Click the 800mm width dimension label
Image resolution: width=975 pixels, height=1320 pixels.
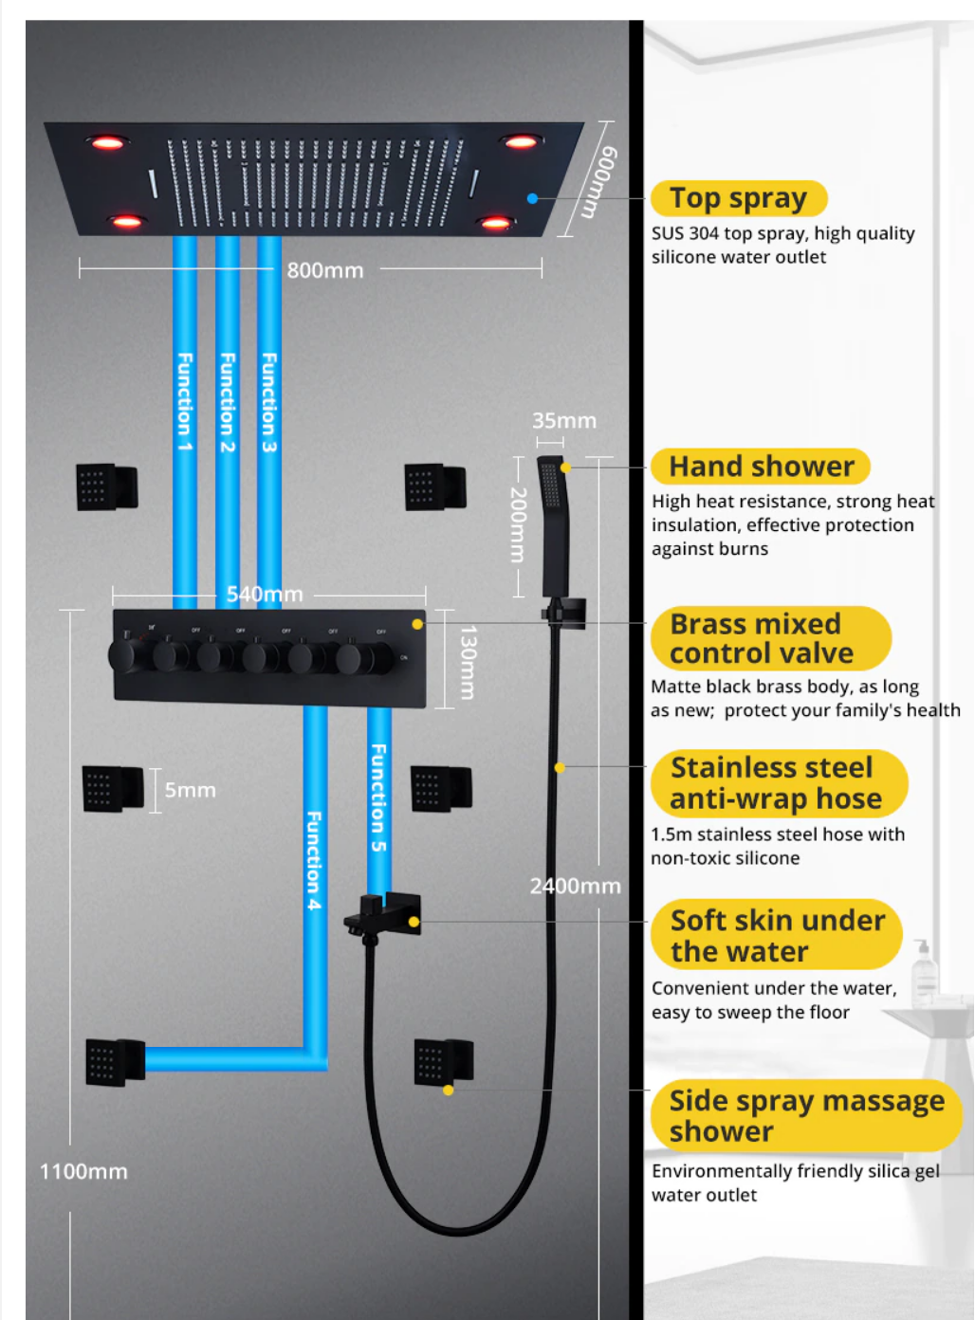324,270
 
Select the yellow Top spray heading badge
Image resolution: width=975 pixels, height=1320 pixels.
739,198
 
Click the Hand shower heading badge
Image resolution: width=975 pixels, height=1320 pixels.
761,467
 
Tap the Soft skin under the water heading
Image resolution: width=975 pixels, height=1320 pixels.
776,935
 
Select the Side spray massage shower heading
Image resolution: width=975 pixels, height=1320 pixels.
806,1115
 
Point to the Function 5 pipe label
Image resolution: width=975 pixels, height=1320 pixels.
378,797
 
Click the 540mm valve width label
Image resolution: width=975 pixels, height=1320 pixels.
265,595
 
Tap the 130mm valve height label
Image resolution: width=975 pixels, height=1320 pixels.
467,662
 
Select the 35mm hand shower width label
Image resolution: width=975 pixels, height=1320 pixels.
564,421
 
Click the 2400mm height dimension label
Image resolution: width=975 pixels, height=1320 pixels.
575,886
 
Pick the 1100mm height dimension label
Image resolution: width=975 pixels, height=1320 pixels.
83,1172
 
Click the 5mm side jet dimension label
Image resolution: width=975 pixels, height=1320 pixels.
190,790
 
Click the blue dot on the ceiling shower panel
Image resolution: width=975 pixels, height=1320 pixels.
533,198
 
